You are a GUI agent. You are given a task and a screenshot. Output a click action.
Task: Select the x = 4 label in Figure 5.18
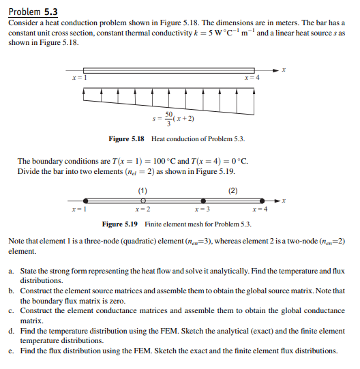click(x=252, y=78)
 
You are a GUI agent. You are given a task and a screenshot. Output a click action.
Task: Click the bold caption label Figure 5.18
click(x=127, y=139)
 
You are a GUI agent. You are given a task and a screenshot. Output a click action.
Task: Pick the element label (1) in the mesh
click(x=142, y=191)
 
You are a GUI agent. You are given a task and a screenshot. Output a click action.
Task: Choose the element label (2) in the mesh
click(x=234, y=191)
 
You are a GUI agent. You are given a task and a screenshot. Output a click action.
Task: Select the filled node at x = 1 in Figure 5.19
click(x=85, y=201)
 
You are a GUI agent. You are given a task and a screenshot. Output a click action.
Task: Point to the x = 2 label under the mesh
click(x=142, y=209)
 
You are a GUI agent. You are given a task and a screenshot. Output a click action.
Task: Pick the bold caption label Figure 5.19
click(x=121, y=224)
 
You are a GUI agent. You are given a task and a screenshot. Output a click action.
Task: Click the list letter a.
click(x=12, y=271)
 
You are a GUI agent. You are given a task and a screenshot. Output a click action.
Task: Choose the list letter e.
click(x=12, y=351)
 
